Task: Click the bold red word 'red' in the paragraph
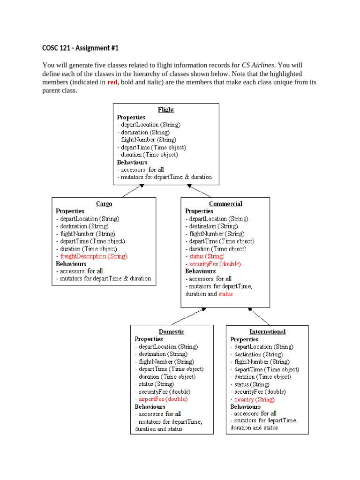[113, 82]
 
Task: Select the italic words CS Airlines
[258, 65]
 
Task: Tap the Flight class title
[166, 110]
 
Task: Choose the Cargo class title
[104, 204]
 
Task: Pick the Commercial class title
[225, 204]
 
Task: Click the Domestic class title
[171, 331]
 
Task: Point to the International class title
[267, 331]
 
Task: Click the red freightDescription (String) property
[92, 256]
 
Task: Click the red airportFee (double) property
[162, 399]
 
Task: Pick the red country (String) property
[253, 399]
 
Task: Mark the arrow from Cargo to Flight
[131, 191]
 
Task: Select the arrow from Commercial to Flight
[199, 191]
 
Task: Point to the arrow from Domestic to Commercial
[187, 316]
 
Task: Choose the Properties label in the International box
[244, 339]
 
